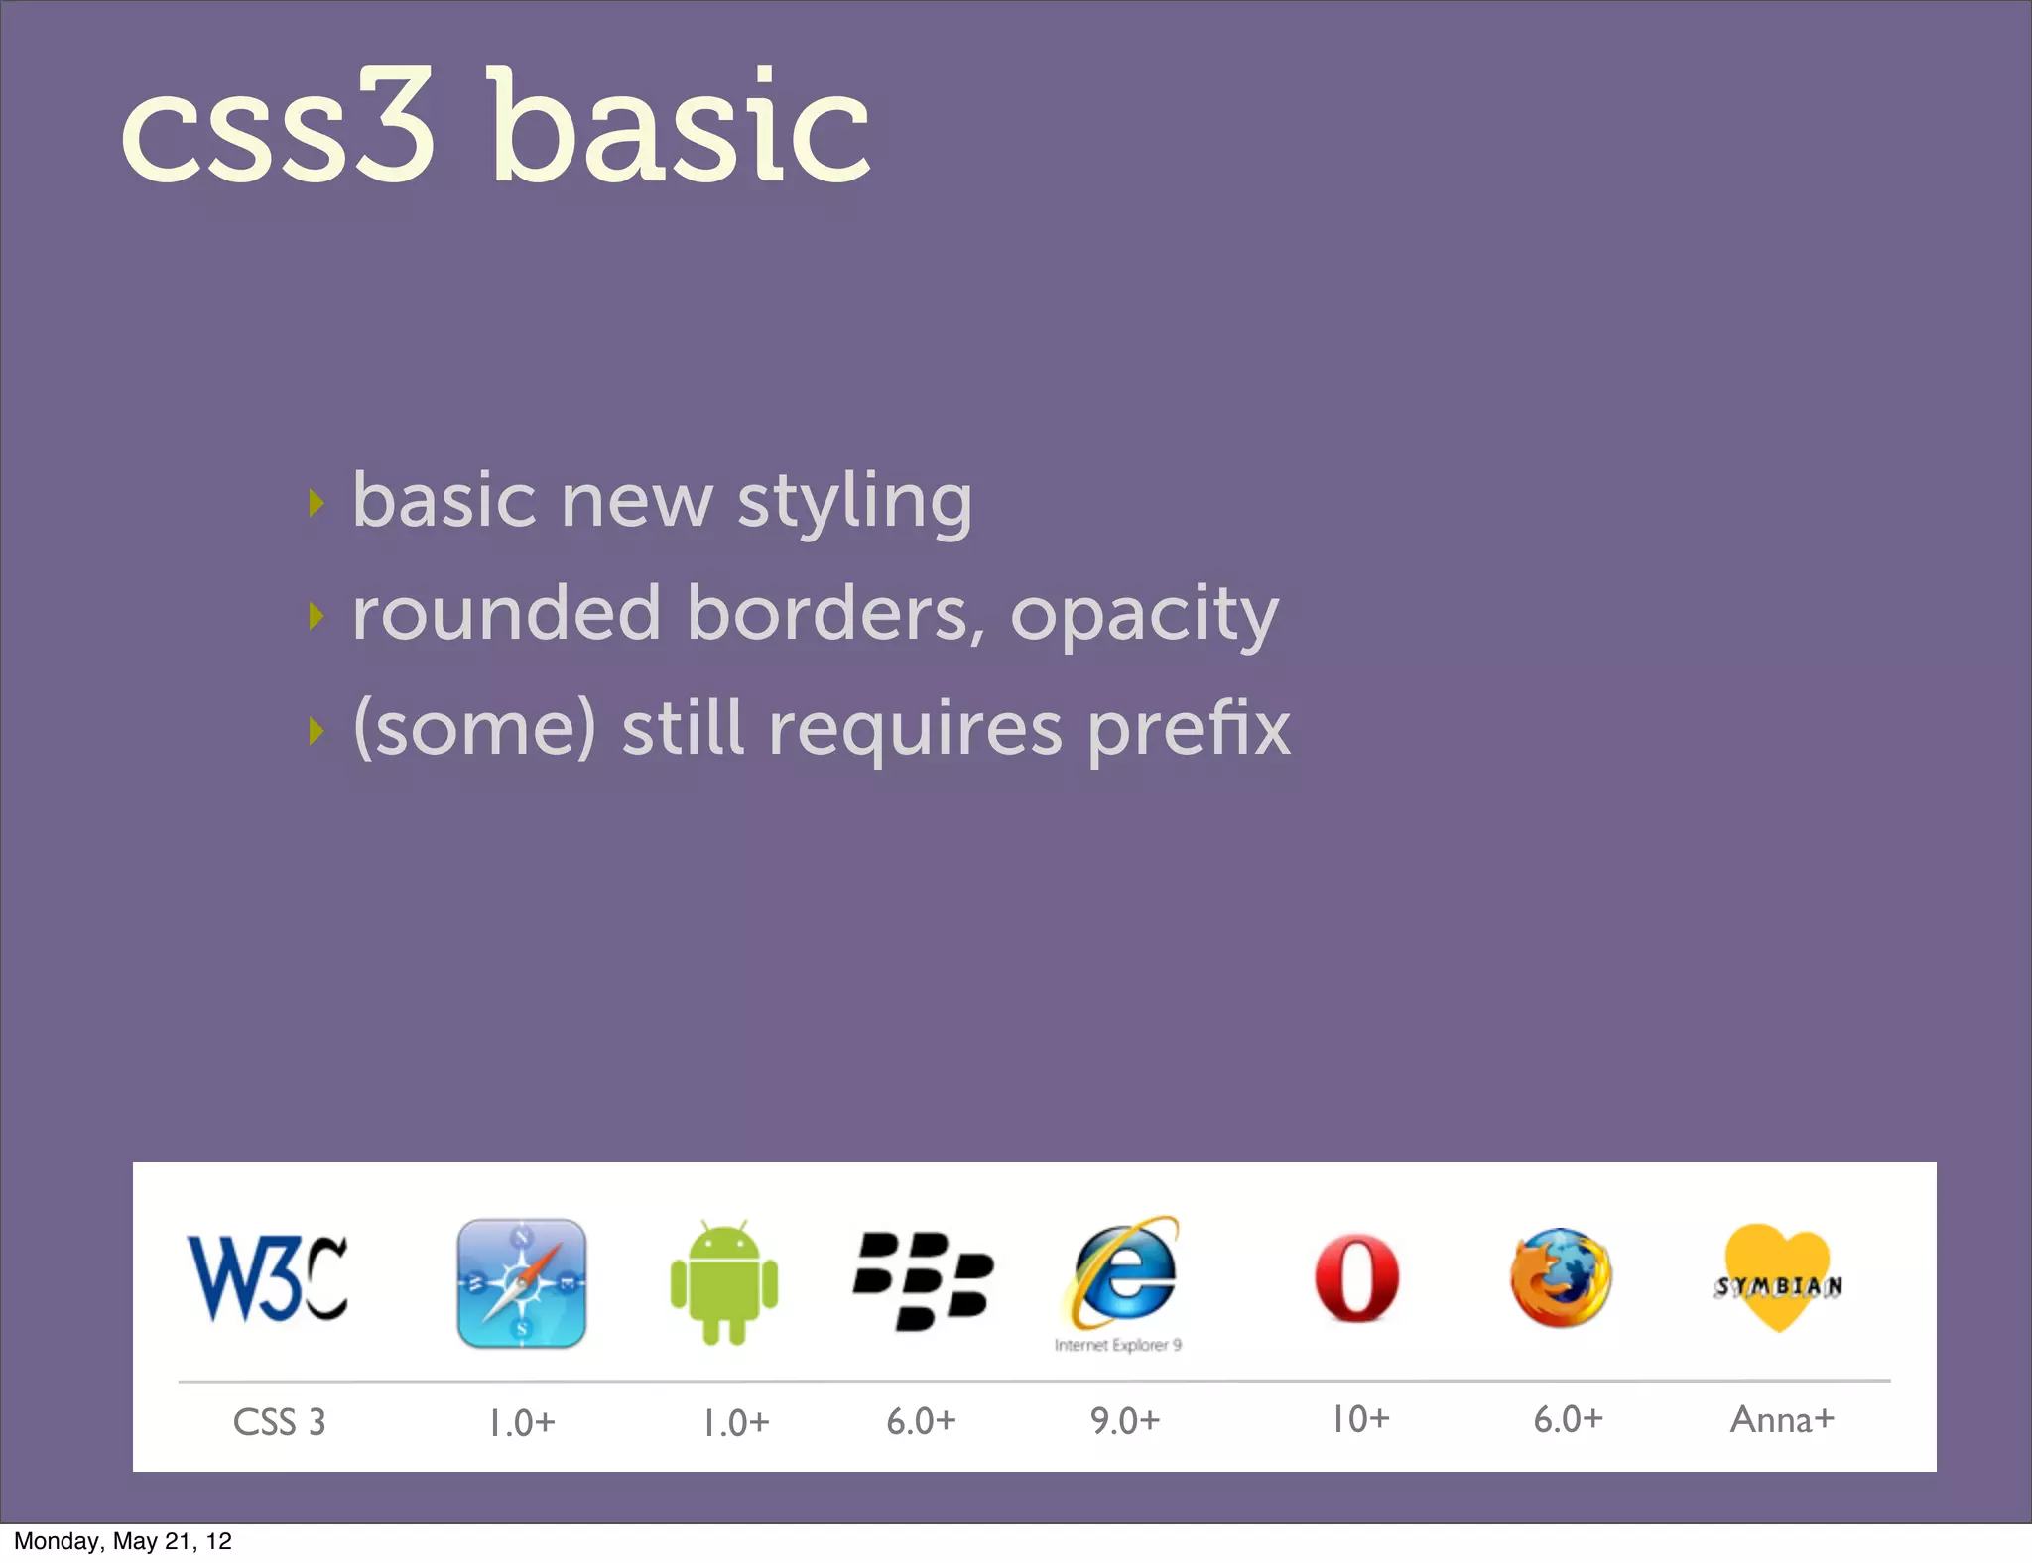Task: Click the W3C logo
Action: click(x=267, y=1279)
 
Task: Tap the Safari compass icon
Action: click(x=521, y=1283)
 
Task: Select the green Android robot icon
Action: click(x=724, y=1283)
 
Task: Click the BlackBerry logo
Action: click(x=923, y=1280)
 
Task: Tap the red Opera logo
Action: click(x=1356, y=1278)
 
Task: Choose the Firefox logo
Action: click(x=1561, y=1277)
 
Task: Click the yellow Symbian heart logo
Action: click(x=1777, y=1278)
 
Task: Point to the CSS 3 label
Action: click(x=279, y=1422)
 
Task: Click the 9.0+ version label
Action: click(x=1124, y=1421)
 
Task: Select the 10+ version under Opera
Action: click(x=1359, y=1419)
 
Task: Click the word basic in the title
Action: click(x=681, y=129)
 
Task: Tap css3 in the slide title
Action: click(x=278, y=129)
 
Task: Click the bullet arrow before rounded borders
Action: click(x=317, y=617)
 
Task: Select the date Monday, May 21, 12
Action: click(x=123, y=1541)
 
